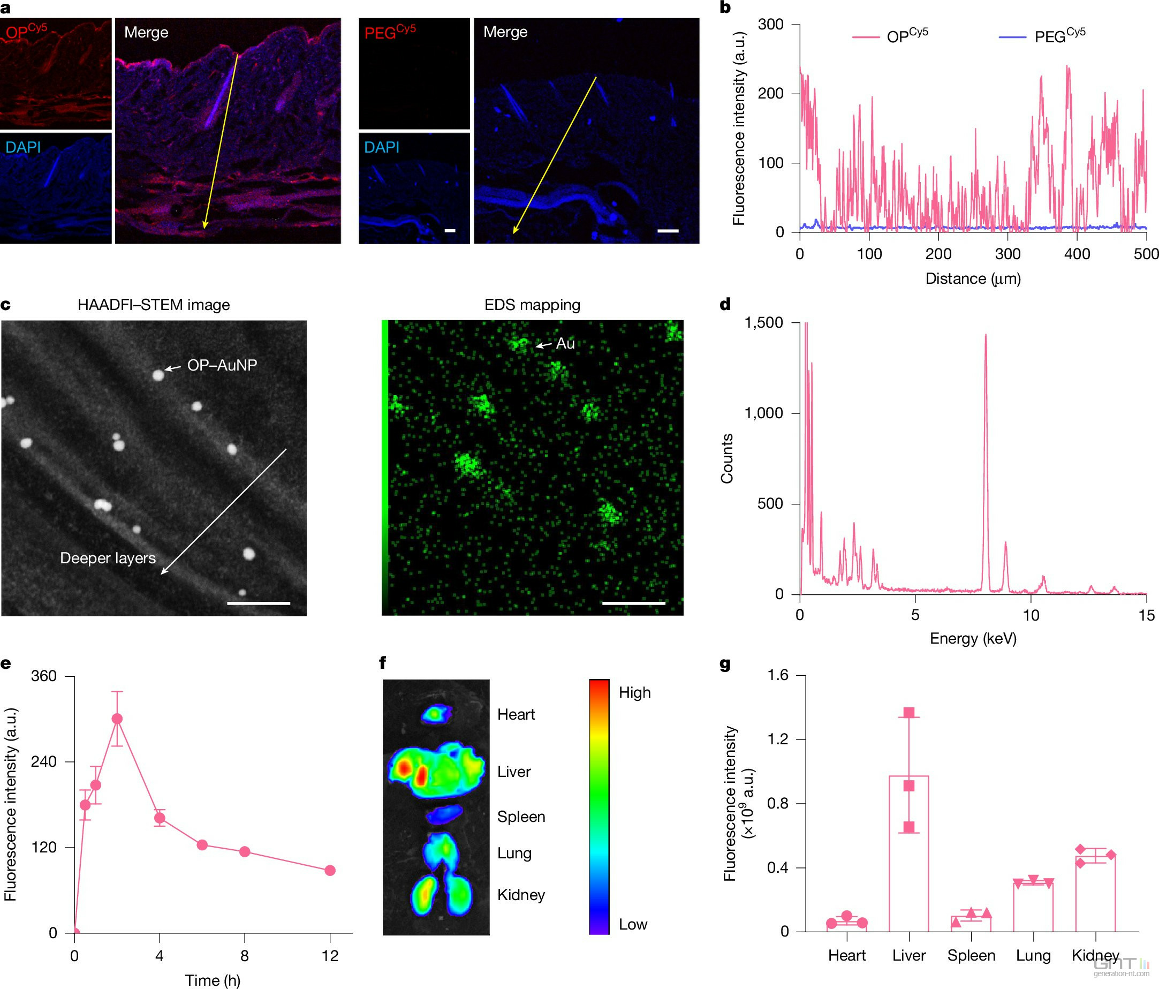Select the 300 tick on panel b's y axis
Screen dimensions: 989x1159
[771, 25]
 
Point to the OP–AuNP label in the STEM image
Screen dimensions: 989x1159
[222, 365]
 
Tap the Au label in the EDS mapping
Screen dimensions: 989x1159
[565, 343]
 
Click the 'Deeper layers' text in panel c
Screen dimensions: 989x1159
[108, 558]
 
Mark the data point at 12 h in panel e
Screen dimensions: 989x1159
[330, 871]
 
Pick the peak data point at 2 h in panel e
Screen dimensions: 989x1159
[117, 719]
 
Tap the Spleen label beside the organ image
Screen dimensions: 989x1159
[521, 817]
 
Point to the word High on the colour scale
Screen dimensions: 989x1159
[634, 692]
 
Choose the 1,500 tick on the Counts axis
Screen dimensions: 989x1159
[763, 323]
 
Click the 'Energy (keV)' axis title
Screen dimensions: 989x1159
[973, 638]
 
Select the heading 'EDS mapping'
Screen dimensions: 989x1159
[532, 305]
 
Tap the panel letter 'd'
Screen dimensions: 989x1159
[725, 304]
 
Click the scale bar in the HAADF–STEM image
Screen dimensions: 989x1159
[259, 603]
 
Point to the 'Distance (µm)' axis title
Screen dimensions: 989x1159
[973, 278]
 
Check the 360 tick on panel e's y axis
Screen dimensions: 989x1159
[44, 676]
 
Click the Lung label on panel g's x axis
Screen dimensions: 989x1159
[1033, 955]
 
